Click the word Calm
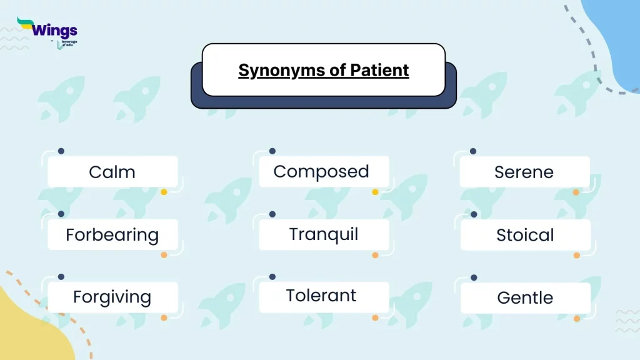coord(112,172)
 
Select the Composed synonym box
coord(324,171)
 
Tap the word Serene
coord(524,172)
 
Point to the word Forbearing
coord(112,236)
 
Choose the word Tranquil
coord(324,235)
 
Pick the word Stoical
coord(525,235)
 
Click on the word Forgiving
coord(112,297)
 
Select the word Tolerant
coord(321,296)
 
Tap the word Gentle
coord(525,298)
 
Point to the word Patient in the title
coord(379,70)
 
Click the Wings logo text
coord(54,30)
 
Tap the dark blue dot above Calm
coord(61,151)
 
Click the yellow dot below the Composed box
coord(375,192)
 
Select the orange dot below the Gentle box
coord(577,318)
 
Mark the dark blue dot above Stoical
coord(474,214)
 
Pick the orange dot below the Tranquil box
coord(375,255)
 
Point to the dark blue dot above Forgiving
coord(61,277)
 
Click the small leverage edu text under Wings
coord(69,43)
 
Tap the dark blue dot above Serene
coord(473,151)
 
